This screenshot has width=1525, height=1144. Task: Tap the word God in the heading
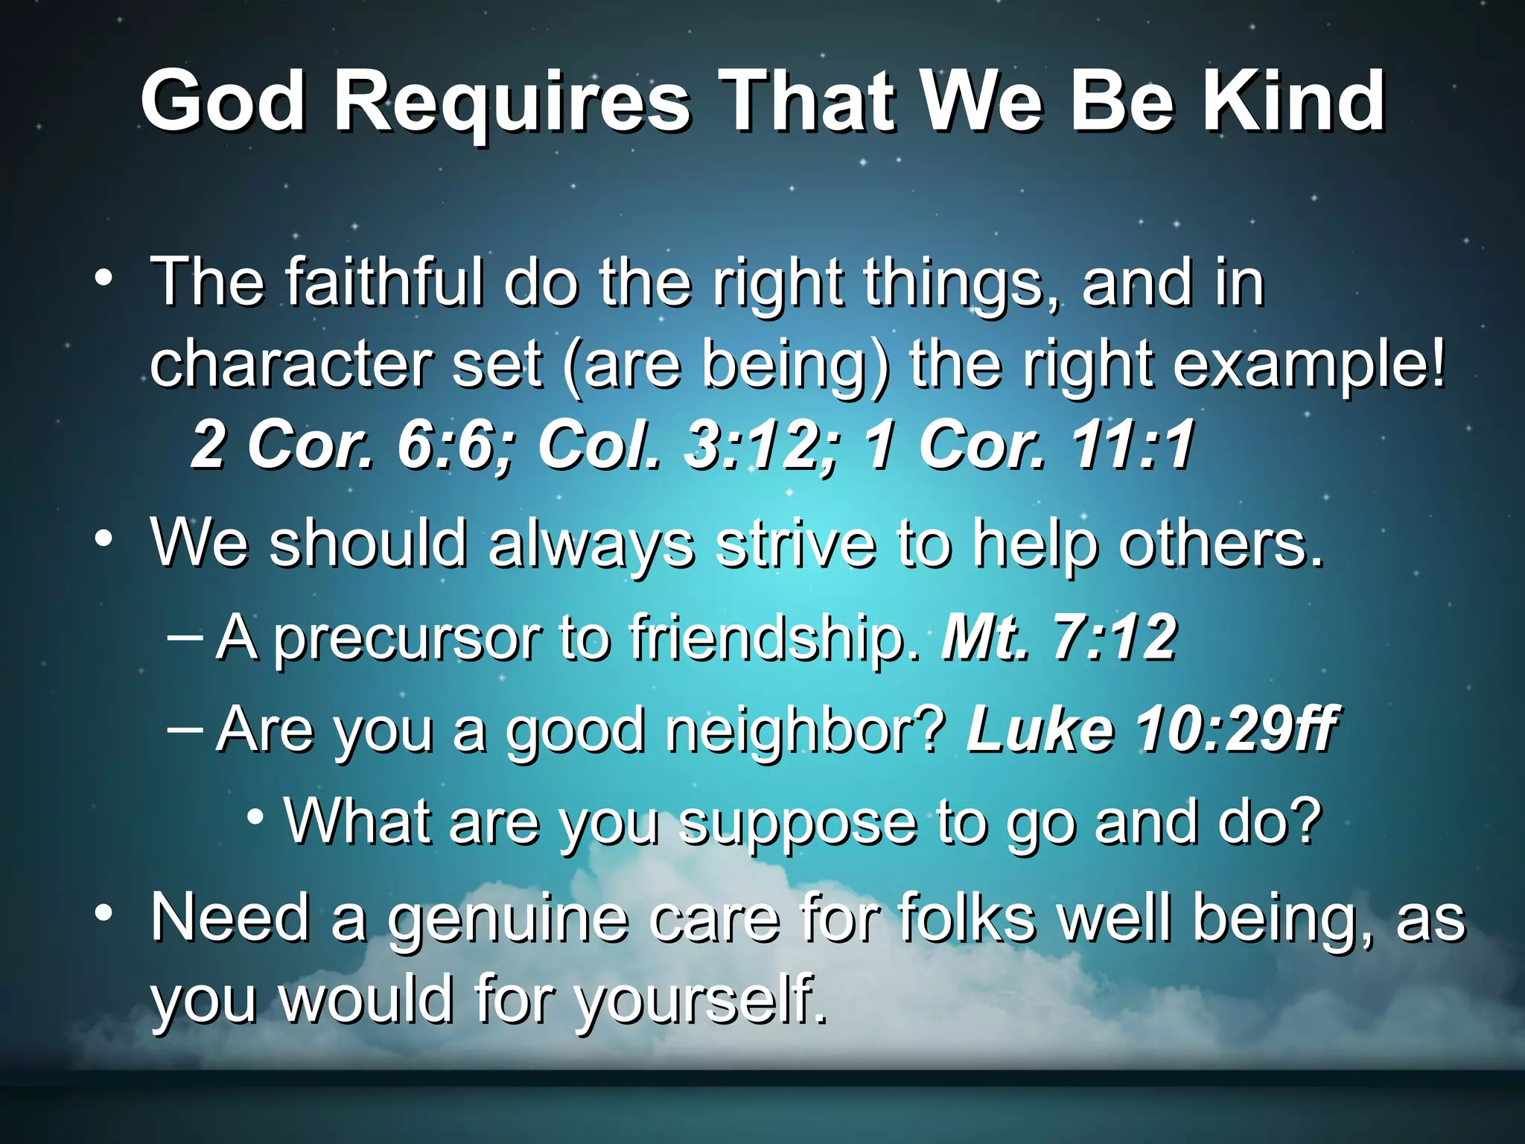pos(223,101)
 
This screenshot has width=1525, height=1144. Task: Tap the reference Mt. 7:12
pos(1059,638)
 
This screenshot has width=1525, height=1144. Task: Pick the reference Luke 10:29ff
pos(1151,729)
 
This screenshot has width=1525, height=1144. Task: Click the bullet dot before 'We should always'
pos(104,538)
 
